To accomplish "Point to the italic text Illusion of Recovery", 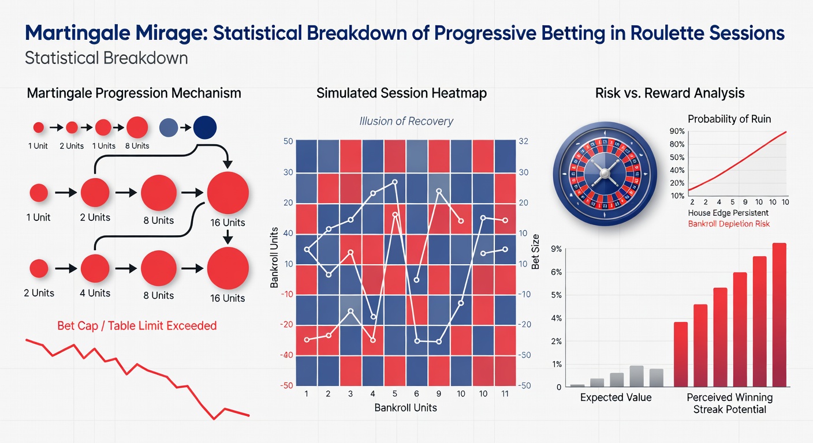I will (406, 121).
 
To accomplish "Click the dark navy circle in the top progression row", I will (204, 127).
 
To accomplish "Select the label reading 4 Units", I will (95, 293).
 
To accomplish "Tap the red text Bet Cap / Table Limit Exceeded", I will (137, 326).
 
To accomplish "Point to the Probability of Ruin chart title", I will (729, 119).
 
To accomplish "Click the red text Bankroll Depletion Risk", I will (729, 224).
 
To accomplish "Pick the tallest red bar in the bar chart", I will (779, 315).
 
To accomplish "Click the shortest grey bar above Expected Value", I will (577, 385).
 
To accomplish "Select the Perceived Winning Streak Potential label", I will (729, 403).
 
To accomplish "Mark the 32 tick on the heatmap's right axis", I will (524, 141).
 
